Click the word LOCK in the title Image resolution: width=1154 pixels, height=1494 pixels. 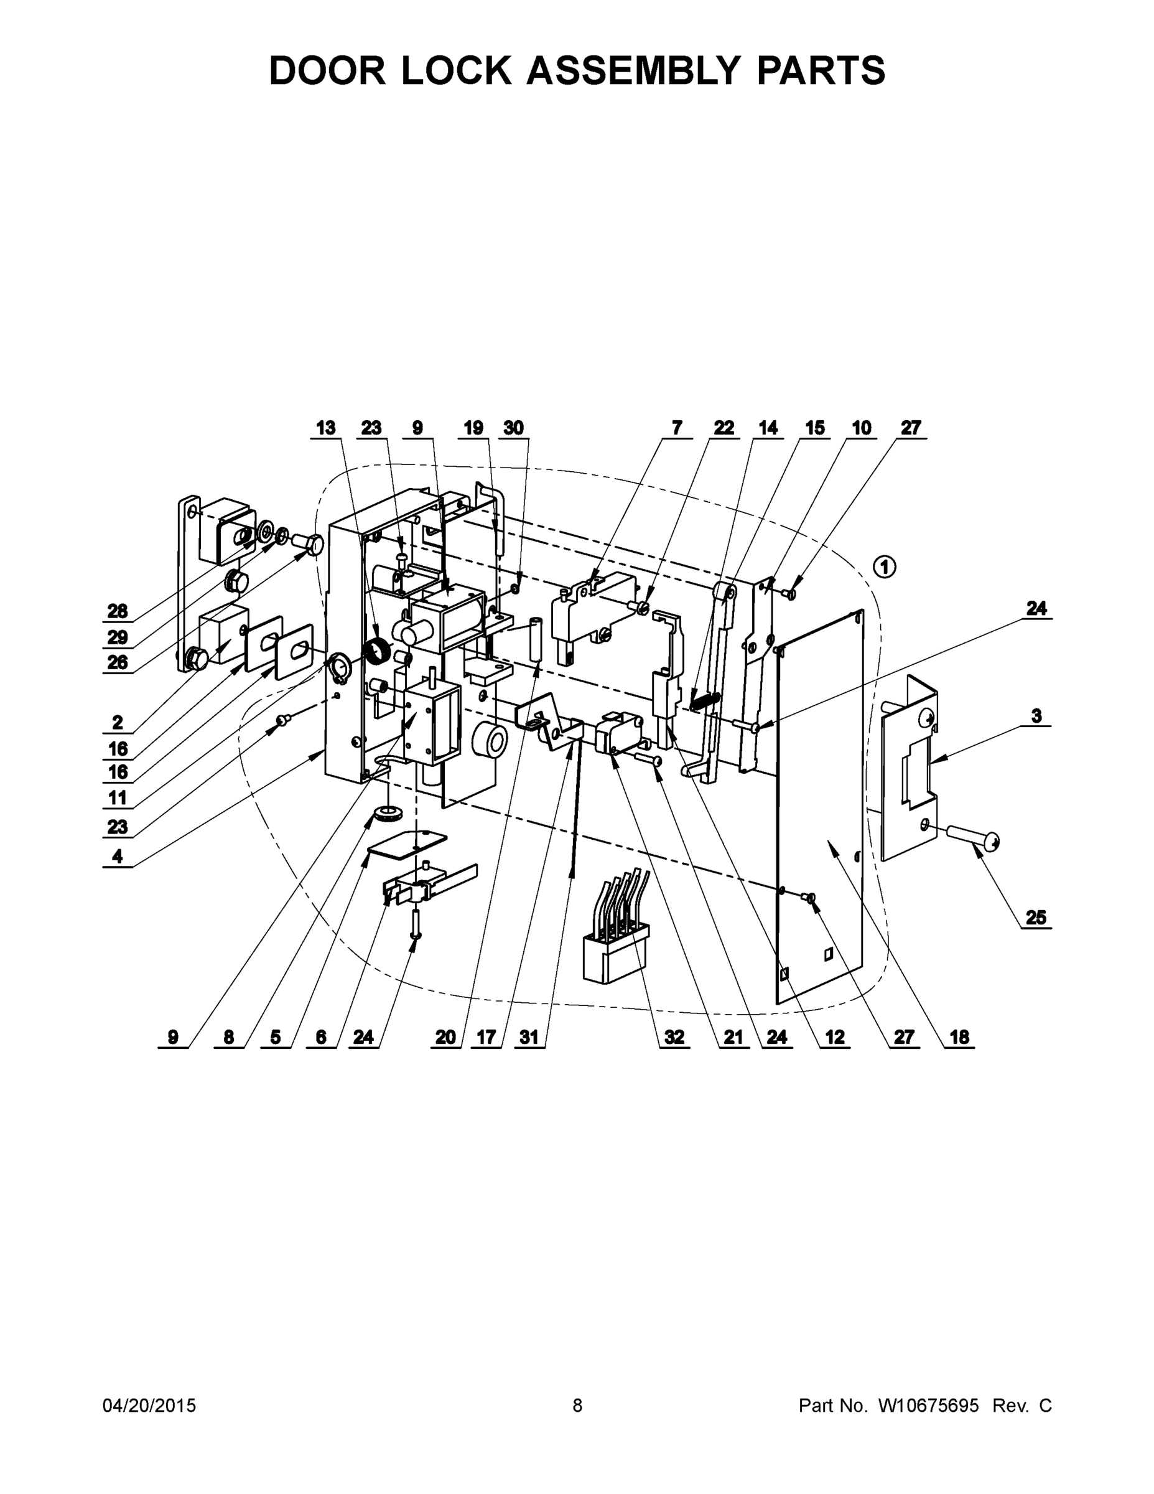click(456, 70)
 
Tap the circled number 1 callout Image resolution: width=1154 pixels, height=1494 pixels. click(885, 567)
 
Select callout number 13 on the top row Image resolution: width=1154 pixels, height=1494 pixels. click(325, 428)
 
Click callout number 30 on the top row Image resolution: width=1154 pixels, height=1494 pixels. click(513, 428)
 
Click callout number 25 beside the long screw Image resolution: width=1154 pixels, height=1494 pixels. click(1036, 918)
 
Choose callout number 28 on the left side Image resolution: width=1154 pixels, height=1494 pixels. click(118, 611)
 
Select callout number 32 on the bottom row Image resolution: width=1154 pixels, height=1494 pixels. click(674, 1037)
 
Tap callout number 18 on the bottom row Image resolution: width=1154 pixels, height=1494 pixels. click(959, 1037)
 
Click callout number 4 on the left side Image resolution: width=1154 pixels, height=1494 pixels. click(118, 856)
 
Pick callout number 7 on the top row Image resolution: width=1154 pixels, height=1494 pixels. click(677, 428)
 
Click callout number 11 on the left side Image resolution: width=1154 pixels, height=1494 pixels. click(118, 797)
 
